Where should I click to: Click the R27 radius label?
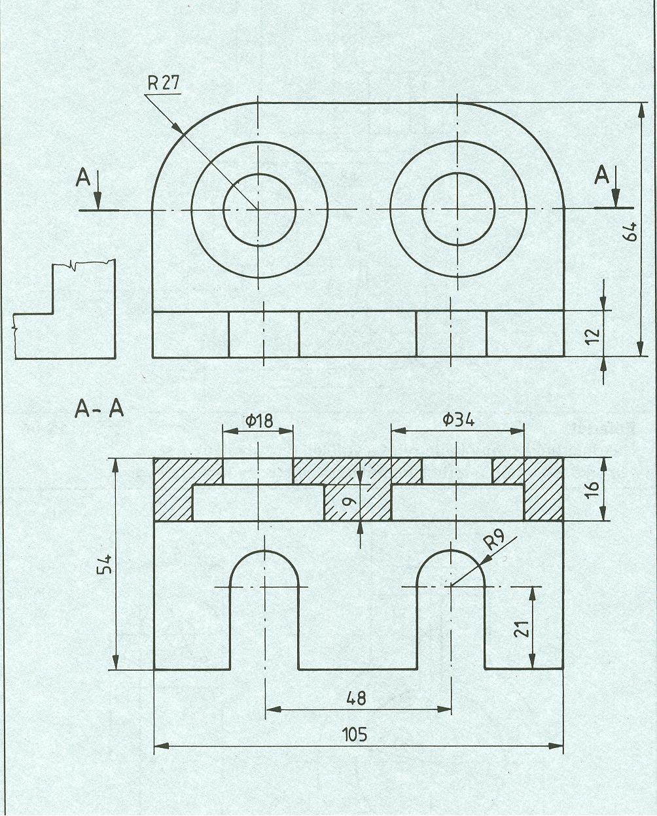pyautogui.click(x=163, y=83)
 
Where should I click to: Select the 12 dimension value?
pyautogui.click(x=592, y=334)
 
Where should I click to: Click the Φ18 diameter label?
pyautogui.click(x=259, y=421)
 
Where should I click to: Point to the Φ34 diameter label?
pyautogui.click(x=458, y=420)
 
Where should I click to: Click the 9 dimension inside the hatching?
pyautogui.click(x=349, y=502)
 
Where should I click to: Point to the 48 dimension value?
pyautogui.click(x=357, y=698)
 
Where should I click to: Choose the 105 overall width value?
pyautogui.click(x=355, y=734)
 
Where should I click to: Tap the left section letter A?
pyautogui.click(x=83, y=177)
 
